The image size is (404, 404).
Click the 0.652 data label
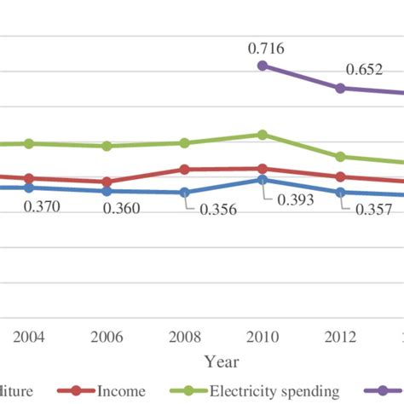(362, 71)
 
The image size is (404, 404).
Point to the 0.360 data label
(122, 209)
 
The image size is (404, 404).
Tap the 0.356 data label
(217, 212)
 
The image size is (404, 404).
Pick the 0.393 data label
(295, 199)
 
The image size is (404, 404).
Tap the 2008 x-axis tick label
(184, 336)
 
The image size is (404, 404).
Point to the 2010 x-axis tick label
(263, 336)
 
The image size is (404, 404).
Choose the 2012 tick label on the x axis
(341, 336)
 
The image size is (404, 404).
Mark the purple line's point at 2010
(263, 66)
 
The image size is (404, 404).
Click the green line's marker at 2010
(263, 135)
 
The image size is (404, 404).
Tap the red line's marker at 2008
(184, 170)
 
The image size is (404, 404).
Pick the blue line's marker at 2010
(263, 180)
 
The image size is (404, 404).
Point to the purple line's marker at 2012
(341, 88)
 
